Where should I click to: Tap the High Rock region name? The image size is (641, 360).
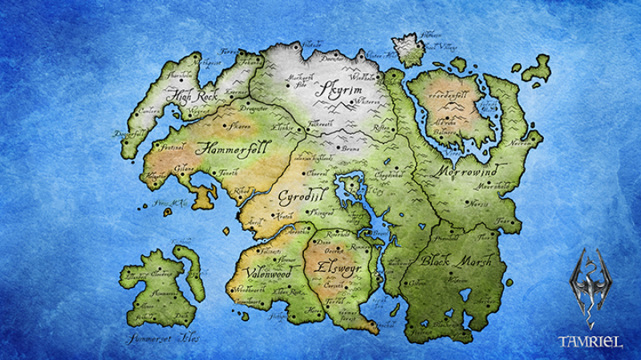click(x=195, y=98)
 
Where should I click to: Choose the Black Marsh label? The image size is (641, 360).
click(x=457, y=262)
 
